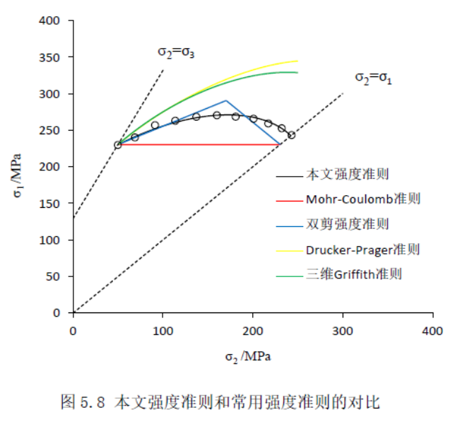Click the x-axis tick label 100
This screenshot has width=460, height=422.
point(163,330)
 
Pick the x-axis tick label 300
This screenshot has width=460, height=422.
point(343,330)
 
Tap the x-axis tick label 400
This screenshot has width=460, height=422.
point(432,330)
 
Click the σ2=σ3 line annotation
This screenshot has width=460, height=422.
point(176,52)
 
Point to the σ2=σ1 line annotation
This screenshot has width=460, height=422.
point(372,77)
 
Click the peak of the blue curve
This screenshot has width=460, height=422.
point(225,100)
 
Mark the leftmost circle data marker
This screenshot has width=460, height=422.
point(118,145)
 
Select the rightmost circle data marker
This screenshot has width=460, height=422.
point(291,135)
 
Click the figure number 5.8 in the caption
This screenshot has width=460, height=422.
point(93,403)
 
